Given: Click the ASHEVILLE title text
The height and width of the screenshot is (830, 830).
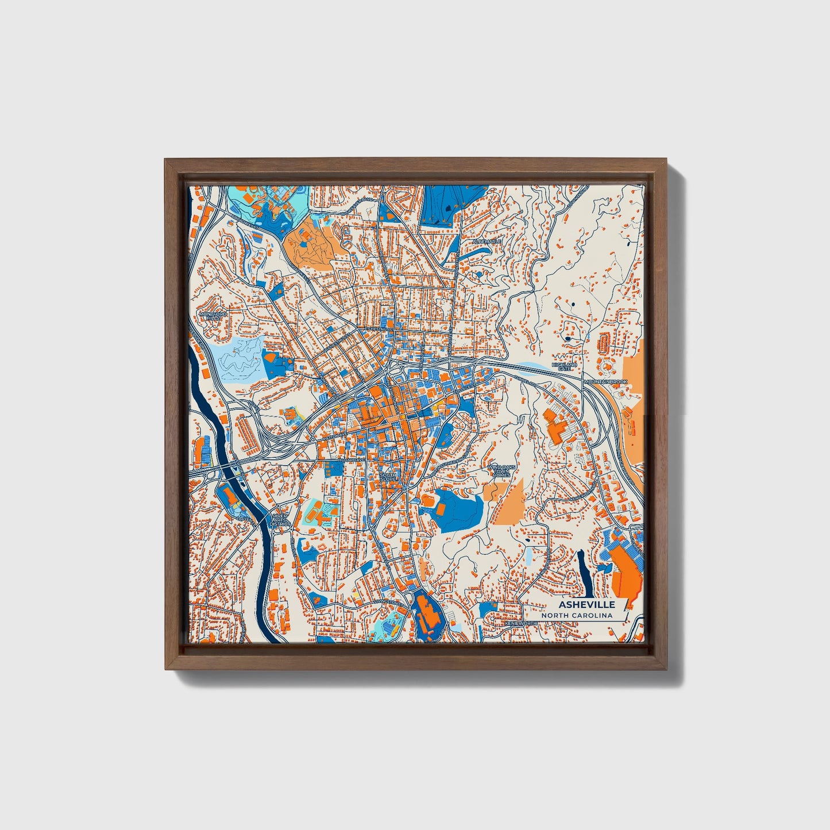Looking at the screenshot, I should (586, 604).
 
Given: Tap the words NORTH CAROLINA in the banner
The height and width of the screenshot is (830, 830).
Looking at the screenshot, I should (577, 616).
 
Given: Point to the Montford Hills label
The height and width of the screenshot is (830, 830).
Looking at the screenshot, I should (213, 316).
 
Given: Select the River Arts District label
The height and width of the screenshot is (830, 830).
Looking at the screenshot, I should (280, 520).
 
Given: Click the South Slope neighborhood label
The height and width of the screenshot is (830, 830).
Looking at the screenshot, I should (388, 477).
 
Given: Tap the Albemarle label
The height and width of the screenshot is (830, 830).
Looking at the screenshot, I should (487, 242).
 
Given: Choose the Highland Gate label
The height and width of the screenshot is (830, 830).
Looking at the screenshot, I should (563, 366).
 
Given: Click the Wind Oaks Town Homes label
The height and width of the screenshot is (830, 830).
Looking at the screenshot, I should (499, 471).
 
